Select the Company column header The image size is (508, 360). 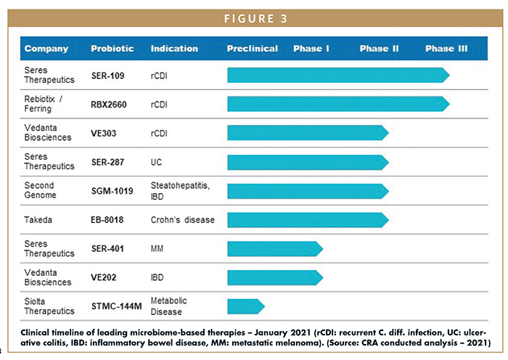coord(46,49)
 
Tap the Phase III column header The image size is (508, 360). coord(446,49)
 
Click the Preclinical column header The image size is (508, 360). coord(252,49)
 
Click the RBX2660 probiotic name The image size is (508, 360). coord(109,105)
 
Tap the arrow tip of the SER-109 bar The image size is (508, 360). coord(446,75)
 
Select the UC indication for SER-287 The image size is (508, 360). coord(157,162)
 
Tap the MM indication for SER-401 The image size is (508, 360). coord(157,248)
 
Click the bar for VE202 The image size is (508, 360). coord(274,277)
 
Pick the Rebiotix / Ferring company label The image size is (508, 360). coord(44,105)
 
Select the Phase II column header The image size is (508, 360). coord(379,49)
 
